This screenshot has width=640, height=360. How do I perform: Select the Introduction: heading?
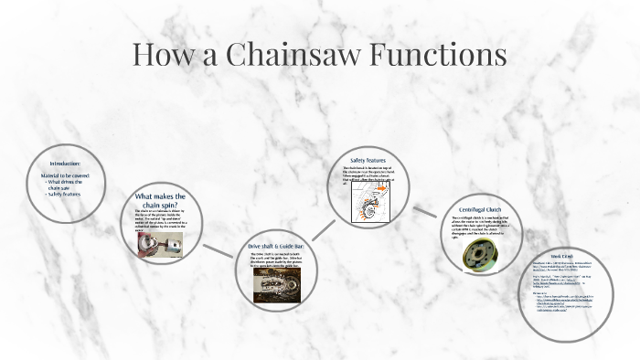[64, 164]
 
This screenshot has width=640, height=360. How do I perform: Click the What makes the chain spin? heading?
[160, 200]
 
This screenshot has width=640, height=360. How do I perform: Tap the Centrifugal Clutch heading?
[484, 210]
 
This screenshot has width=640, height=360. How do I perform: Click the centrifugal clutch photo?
[478, 253]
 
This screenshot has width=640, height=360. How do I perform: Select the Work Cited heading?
[561, 256]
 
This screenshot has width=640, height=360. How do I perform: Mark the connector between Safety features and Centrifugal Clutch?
[423, 212]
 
